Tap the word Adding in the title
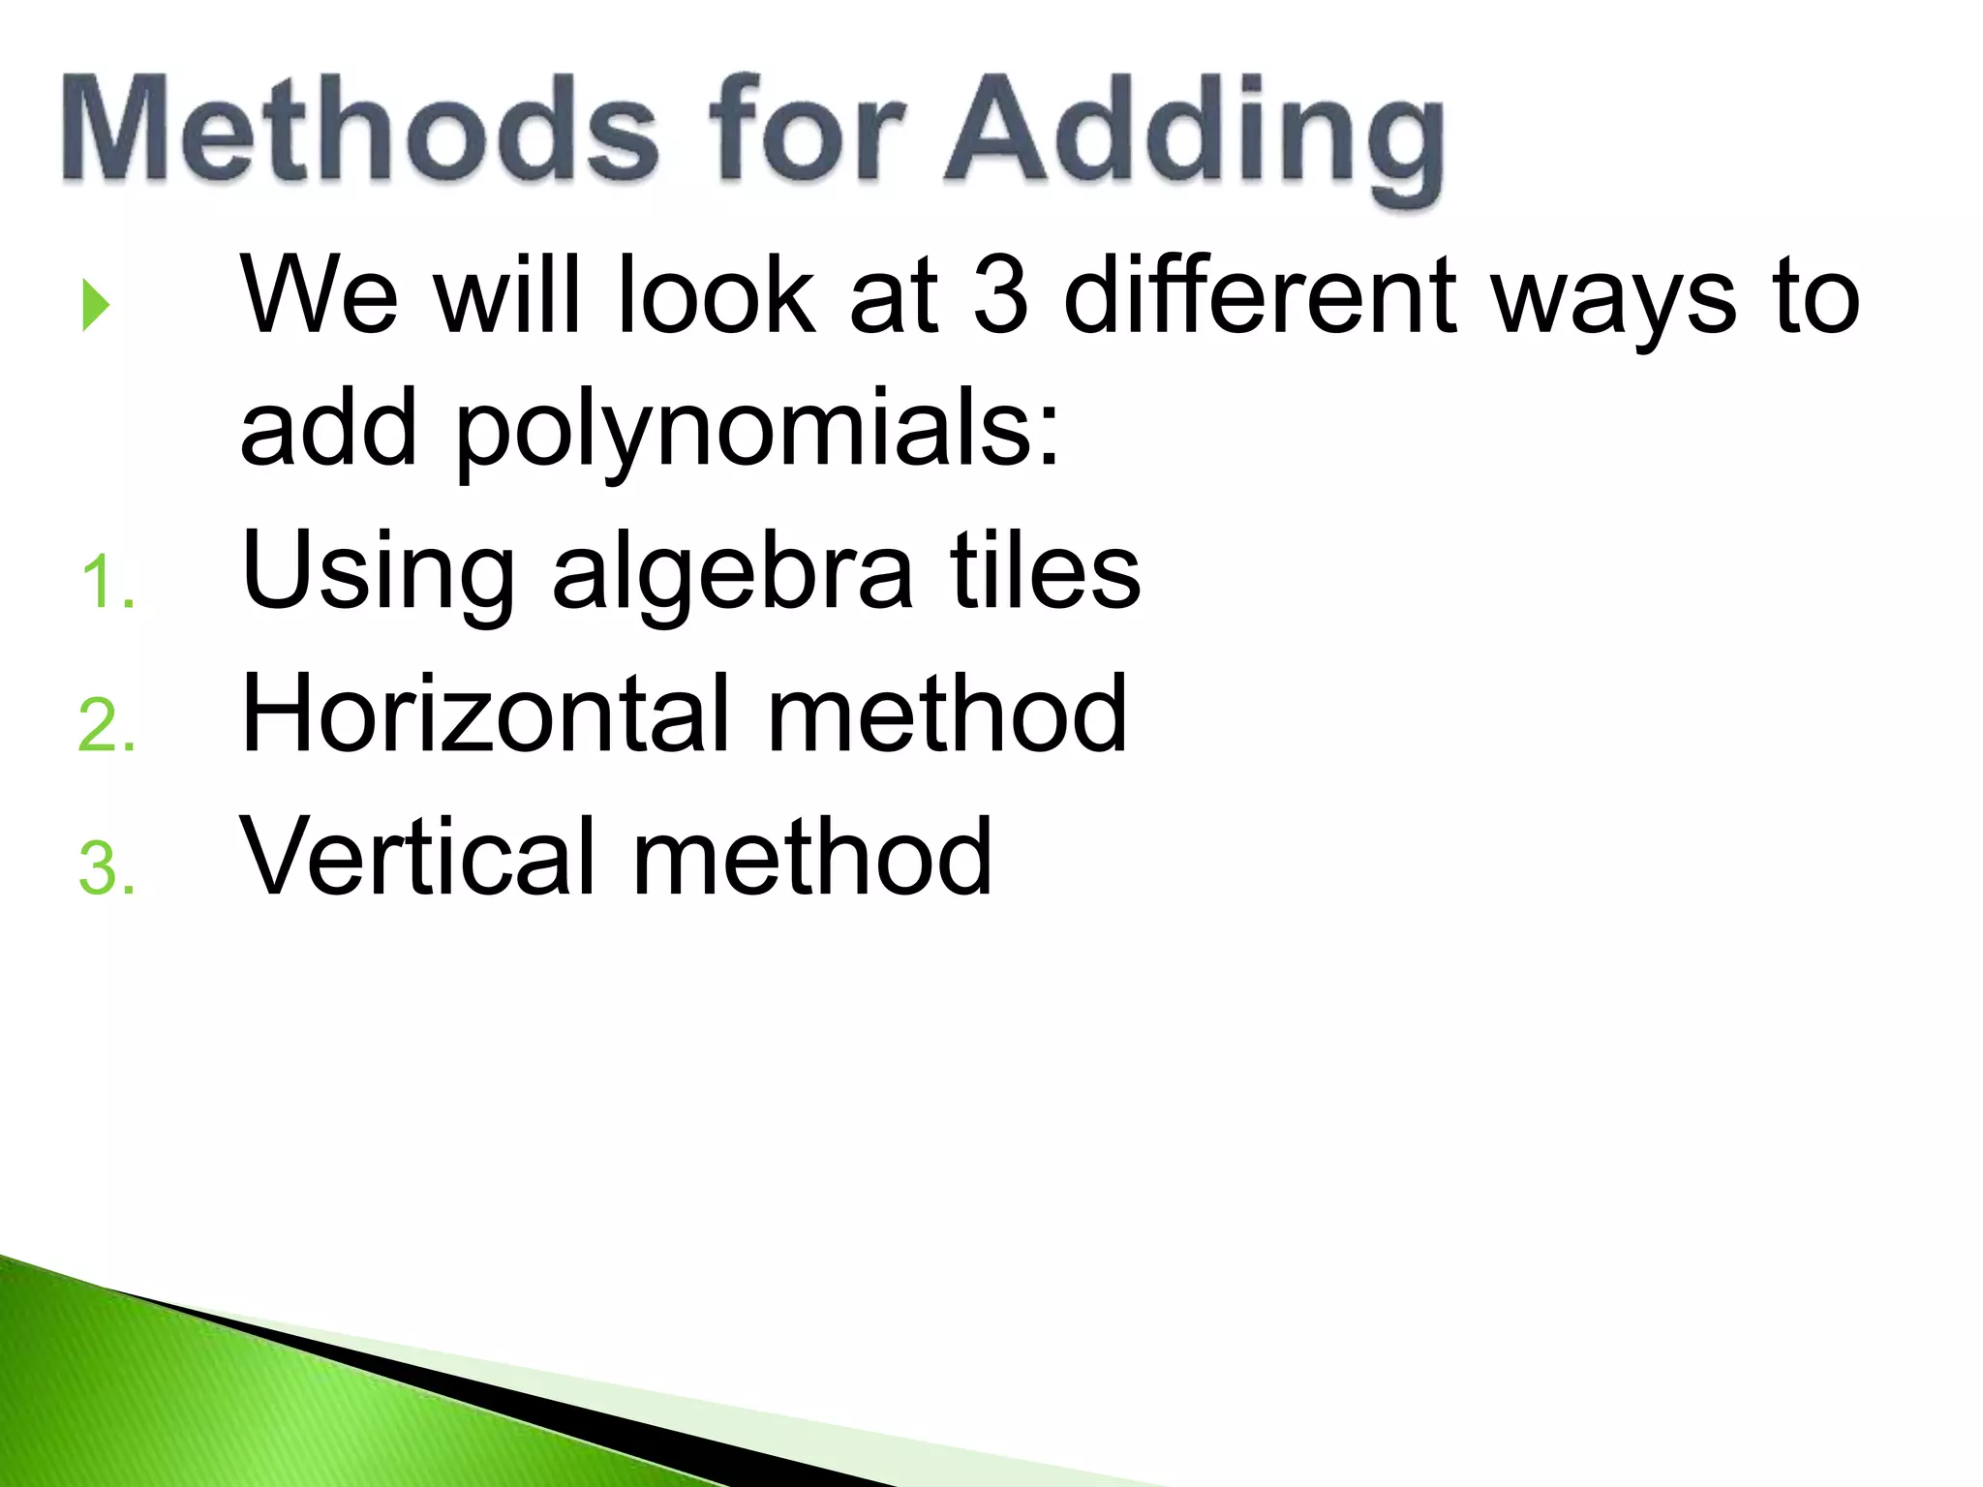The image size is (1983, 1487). [1193, 136]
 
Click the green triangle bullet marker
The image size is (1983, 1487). [95, 305]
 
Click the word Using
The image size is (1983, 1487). [378, 576]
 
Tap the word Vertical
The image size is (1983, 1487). [417, 856]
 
